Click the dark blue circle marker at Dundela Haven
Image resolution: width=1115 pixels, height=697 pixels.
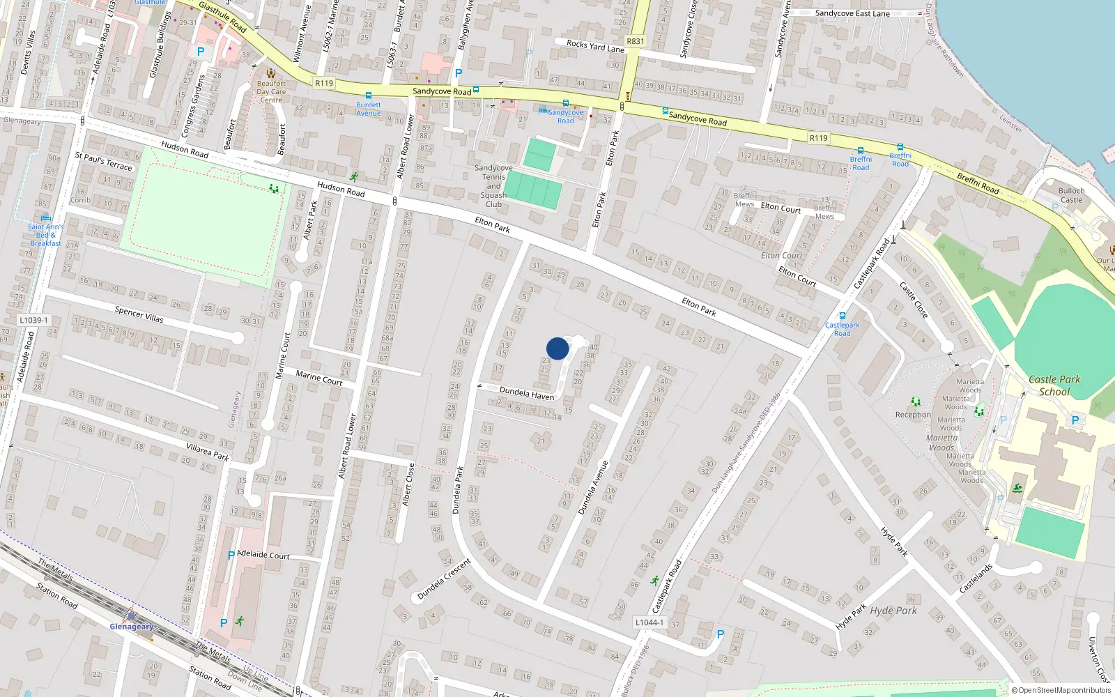[557, 348]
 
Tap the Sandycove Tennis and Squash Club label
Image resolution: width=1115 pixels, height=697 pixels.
[493, 186]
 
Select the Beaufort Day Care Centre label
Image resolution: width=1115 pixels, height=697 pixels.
[271, 91]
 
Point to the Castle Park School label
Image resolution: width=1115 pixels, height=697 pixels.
[1054, 385]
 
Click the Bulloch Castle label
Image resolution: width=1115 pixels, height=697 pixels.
[1071, 195]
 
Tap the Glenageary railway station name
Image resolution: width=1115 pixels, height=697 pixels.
[132, 627]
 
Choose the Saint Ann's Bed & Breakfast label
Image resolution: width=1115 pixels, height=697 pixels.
[45, 235]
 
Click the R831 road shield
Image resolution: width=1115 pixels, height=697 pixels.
[636, 41]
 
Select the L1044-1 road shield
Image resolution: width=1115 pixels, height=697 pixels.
[649, 622]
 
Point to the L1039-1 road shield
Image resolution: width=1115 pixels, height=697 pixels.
[33, 320]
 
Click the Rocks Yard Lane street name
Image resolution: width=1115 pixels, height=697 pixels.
[595, 46]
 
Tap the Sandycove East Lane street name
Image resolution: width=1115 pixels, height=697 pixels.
[852, 13]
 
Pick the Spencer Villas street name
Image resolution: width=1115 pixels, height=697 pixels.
[139, 314]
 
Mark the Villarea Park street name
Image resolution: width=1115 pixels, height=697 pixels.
[208, 452]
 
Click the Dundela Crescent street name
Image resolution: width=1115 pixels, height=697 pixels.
[445, 579]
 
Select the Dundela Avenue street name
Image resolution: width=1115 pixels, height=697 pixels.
[593, 487]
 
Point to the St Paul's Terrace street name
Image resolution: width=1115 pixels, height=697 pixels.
[103, 161]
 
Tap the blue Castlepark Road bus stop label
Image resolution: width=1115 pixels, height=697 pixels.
[842, 329]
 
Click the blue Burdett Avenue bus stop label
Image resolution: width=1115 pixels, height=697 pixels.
[369, 109]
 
